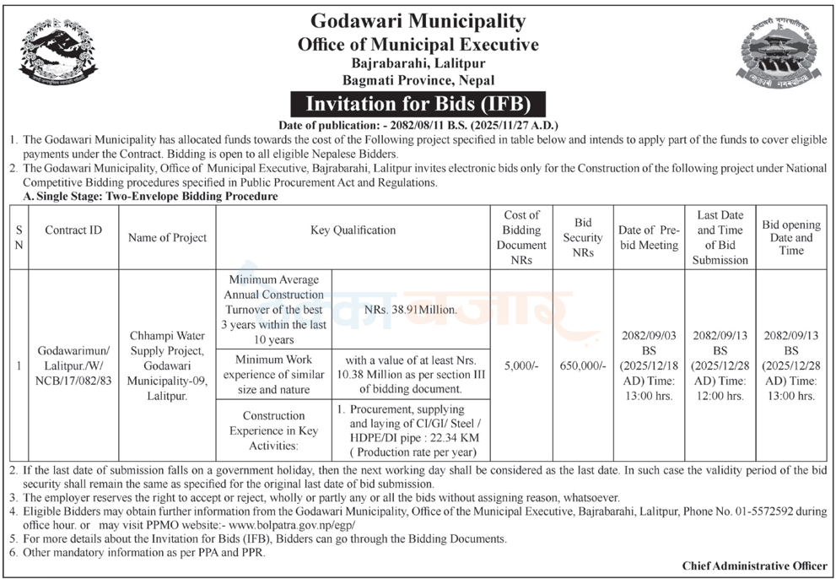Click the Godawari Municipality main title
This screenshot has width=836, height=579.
pos(418,21)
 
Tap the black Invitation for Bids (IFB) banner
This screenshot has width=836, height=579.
pos(418,104)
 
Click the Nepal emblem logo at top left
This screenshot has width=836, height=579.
pos(58,52)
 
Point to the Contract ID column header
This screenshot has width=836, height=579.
pos(73,230)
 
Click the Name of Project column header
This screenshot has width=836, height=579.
pos(167,237)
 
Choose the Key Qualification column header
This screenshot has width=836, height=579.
pos(353,230)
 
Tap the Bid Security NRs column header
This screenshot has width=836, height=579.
pos(583,237)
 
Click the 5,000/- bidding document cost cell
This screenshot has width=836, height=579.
pos(521,366)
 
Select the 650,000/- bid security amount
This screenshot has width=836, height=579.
pos(583,366)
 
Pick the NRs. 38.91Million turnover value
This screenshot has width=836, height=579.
pos(412,309)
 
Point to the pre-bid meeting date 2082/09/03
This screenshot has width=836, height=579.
pos(648,335)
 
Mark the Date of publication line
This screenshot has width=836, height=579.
pos(418,123)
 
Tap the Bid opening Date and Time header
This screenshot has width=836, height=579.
pos(791,237)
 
